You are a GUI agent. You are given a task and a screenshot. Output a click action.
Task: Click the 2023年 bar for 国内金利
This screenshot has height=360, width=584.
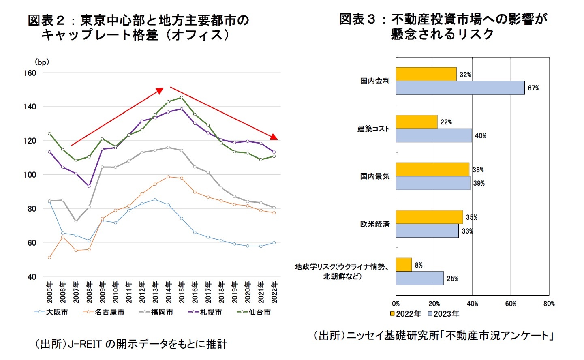point(460,88)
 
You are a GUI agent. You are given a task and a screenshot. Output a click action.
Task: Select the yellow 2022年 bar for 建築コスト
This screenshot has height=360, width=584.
point(417,122)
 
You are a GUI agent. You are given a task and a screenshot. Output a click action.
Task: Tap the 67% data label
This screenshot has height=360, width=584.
point(533,88)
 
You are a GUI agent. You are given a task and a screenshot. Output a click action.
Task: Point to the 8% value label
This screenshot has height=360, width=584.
point(419,265)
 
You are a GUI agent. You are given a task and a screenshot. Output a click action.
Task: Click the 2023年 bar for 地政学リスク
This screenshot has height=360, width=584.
point(419,279)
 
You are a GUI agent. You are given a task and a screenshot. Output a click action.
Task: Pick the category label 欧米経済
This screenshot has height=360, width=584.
point(375,224)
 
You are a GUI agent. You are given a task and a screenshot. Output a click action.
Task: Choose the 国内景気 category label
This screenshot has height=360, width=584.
point(375,176)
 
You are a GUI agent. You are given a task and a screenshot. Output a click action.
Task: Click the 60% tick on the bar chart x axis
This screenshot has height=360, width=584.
point(511,304)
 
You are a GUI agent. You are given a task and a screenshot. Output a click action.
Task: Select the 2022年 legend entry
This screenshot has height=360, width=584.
point(405,314)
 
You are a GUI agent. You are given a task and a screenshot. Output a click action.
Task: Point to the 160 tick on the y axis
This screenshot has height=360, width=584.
point(30,73)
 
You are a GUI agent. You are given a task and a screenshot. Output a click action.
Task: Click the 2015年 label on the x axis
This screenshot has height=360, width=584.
point(182,292)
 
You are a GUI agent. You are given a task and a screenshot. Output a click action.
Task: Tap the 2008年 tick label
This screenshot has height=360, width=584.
point(89,292)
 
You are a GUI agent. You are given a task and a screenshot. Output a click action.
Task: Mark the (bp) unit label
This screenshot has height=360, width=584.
point(41,62)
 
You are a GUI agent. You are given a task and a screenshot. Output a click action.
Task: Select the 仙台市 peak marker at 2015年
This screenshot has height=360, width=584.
point(181,97)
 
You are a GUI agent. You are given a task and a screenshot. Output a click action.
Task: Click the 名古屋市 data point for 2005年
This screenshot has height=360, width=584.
point(49,257)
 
